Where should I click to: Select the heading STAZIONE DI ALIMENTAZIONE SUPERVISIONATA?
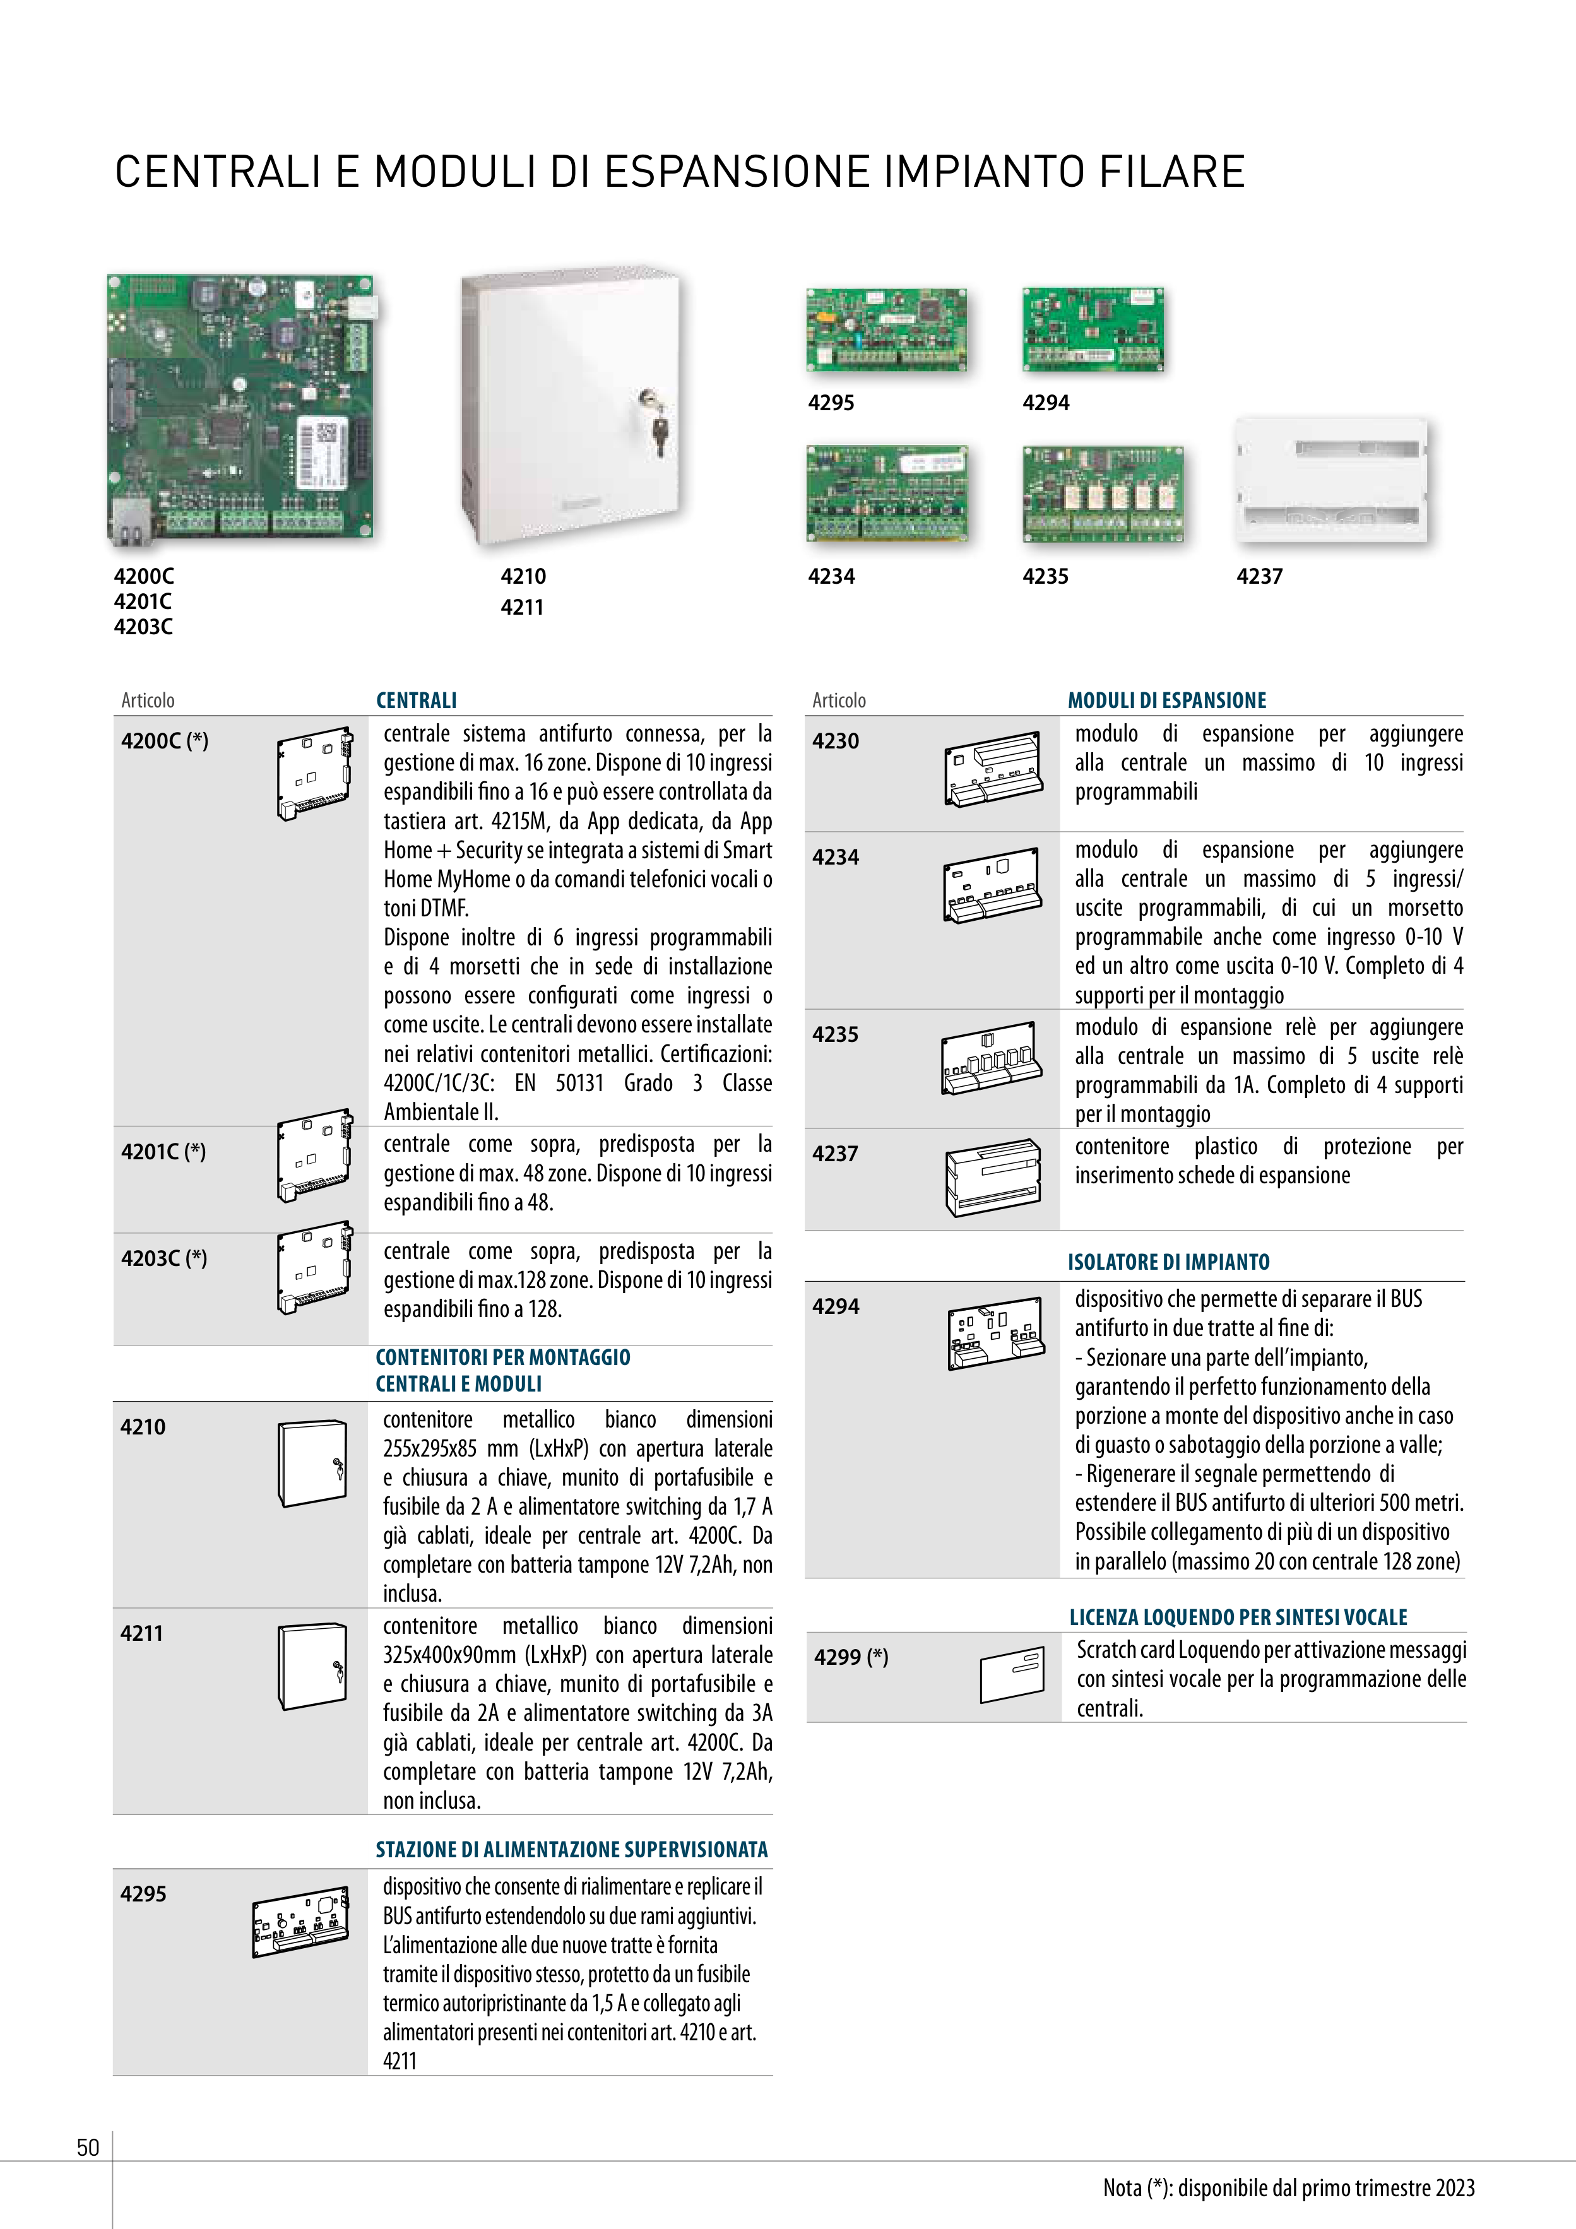click(572, 1850)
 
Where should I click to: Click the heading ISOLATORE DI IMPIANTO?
click(1168, 1262)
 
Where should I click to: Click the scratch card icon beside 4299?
click(1012, 1675)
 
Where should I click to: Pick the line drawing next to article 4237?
click(992, 1178)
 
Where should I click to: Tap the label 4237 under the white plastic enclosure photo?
click(1259, 577)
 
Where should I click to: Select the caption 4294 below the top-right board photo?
click(1046, 403)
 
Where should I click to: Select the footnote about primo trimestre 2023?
click(1289, 2188)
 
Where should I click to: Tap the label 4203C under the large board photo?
click(144, 627)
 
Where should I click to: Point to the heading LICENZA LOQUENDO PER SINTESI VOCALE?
click(1238, 1617)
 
